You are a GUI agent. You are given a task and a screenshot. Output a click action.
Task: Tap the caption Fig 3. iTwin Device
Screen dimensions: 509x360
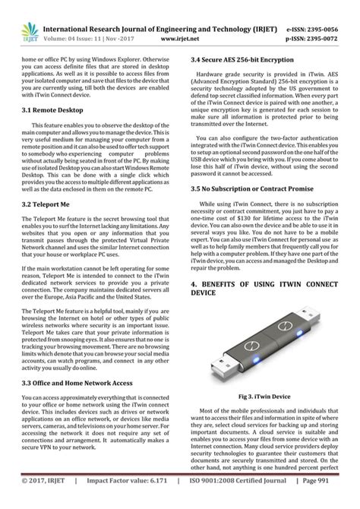[266, 396]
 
